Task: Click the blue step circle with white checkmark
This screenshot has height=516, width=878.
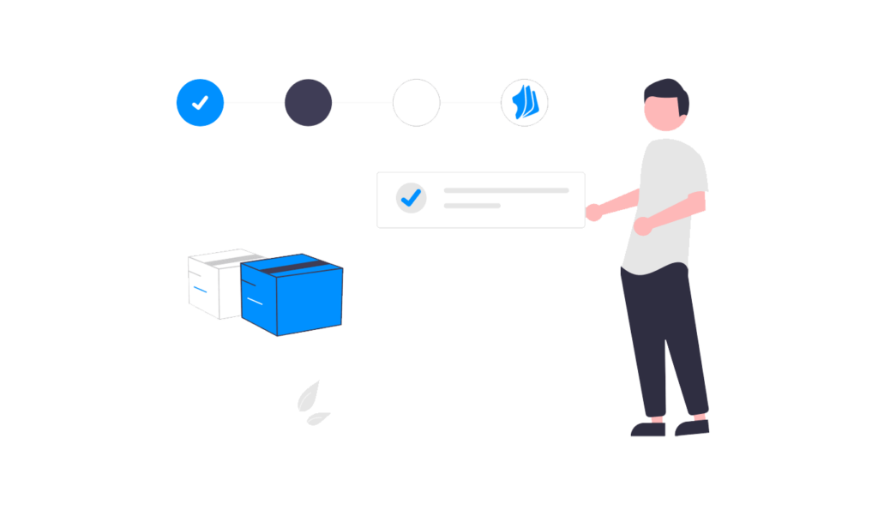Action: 200,103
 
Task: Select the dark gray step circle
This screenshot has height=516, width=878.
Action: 308,103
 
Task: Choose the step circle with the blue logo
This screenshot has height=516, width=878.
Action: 524,103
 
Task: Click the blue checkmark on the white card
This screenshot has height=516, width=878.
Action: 412,198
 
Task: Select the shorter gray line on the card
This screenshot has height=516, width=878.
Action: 472,206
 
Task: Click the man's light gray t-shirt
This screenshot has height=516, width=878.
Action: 660,197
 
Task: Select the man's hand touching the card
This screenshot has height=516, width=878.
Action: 594,210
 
